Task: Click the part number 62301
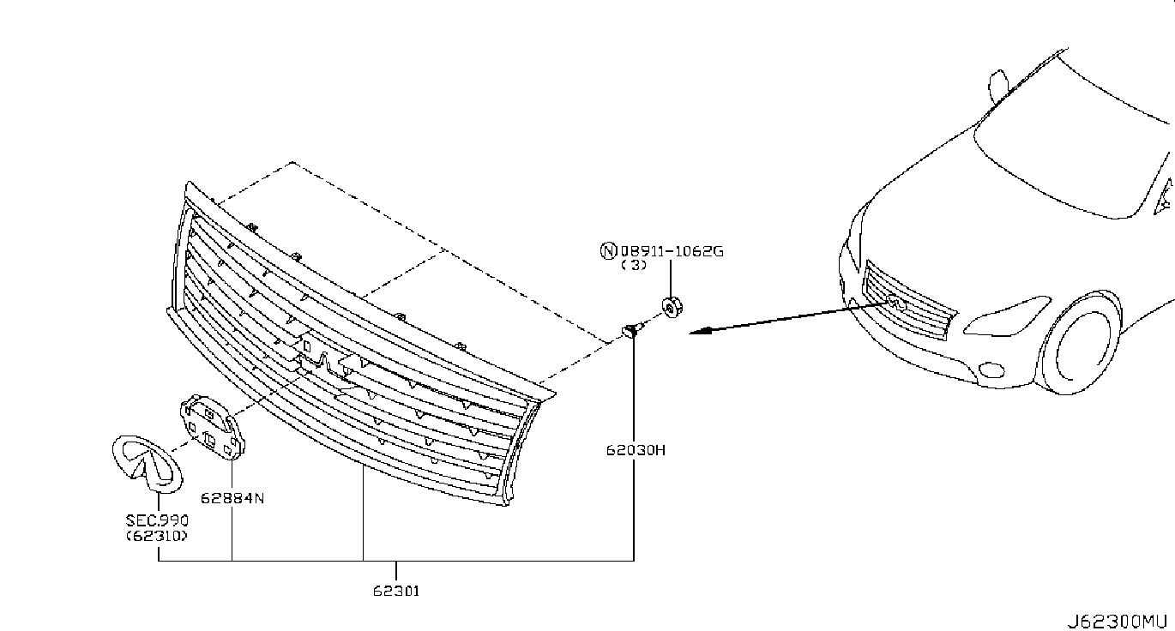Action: pos(396,591)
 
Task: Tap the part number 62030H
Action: pos(635,449)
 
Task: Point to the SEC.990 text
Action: pos(158,520)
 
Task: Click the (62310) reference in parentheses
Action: pos(158,536)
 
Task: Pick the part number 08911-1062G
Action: pos(672,251)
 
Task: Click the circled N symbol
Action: pos(607,251)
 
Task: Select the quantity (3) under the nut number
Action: pos(635,266)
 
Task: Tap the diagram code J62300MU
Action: pos(1117,620)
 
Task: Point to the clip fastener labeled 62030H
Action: pos(631,329)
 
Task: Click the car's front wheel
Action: pos(1082,343)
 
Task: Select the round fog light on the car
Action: pos(990,370)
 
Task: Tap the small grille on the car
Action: pos(908,304)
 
